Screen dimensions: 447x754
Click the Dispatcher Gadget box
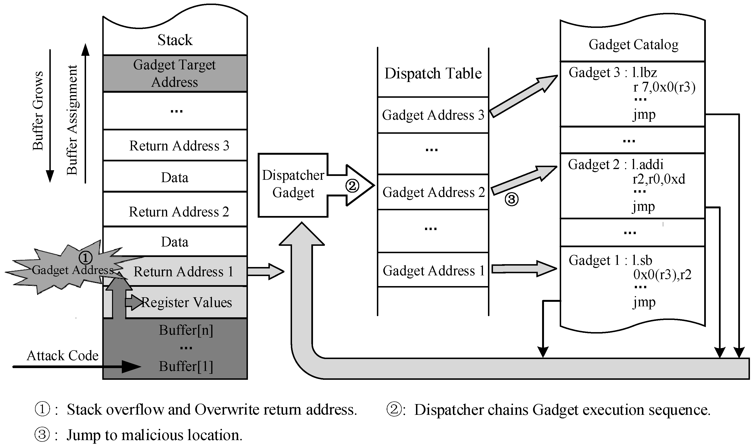(293, 184)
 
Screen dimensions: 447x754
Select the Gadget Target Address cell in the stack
(175, 73)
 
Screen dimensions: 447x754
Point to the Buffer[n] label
(186, 330)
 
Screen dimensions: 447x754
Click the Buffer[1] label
(186, 366)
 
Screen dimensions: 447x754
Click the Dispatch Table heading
(433, 73)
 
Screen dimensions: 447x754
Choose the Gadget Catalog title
(633, 45)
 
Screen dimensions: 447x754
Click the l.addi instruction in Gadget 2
(647, 164)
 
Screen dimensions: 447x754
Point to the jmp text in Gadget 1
(644, 302)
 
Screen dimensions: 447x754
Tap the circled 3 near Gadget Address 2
(512, 199)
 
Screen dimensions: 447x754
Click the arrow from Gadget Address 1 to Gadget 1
(524, 268)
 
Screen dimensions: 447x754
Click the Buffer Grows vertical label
(38, 111)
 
